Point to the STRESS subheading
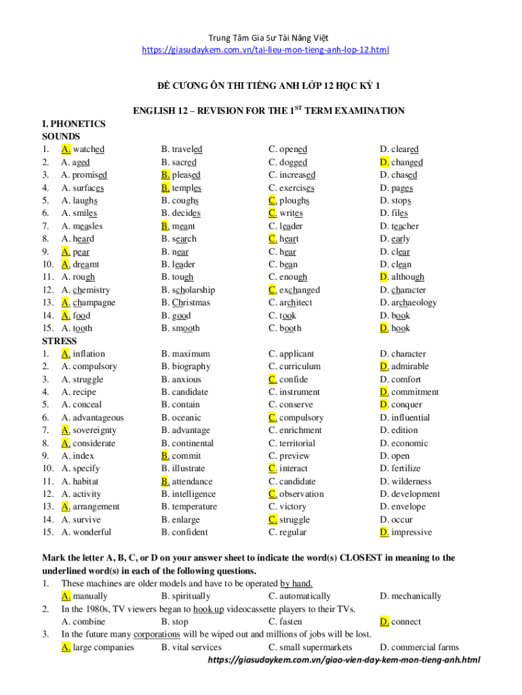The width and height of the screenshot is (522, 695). pos(60,341)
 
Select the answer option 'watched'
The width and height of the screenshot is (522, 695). pos(88,149)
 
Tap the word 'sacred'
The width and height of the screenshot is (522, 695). pos(184,162)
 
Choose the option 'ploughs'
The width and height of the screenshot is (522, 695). pos(294,201)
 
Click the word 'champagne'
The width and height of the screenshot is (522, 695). pos(94,303)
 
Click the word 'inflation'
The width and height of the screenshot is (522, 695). pos(89,354)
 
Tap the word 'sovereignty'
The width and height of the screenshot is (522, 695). pos(94,430)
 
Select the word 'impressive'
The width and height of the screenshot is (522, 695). pos(411,532)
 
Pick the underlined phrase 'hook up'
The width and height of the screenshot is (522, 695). pos(208,609)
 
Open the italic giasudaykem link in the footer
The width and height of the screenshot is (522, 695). pos(344,660)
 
